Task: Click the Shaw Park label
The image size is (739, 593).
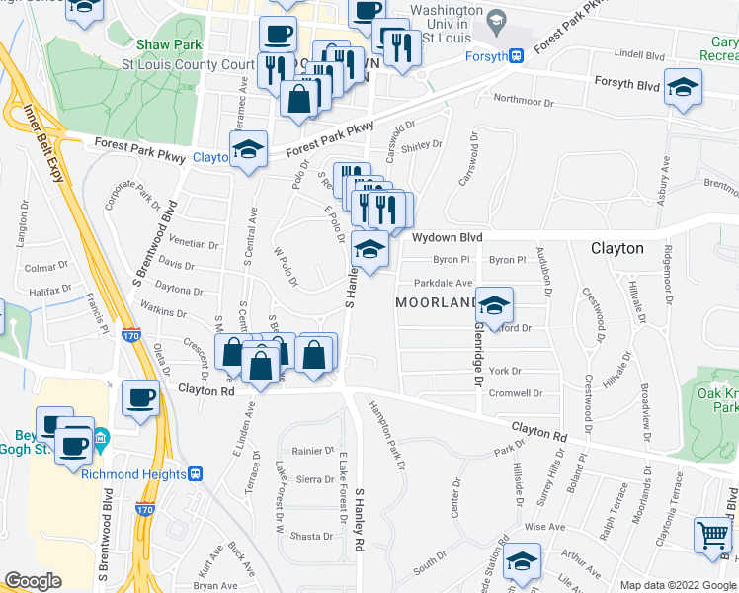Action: coord(169,44)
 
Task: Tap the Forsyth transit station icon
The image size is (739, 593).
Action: coord(517,56)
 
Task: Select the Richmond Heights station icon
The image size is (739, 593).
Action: coord(197,473)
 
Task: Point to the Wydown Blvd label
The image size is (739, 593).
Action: coord(447,238)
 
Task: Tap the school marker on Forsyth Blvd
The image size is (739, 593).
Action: coord(683,86)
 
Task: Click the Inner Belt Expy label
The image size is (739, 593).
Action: coord(44,144)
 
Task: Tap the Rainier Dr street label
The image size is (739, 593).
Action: coord(315,451)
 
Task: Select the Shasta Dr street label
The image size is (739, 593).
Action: coord(311,536)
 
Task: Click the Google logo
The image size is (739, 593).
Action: coord(34,581)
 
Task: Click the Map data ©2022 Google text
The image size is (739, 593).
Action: coord(677,585)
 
